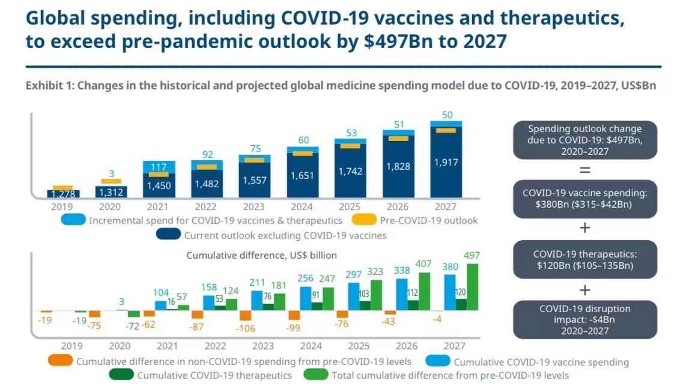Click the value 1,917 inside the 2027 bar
click(x=446, y=161)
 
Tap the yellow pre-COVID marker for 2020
click(x=111, y=181)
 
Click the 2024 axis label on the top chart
click(x=303, y=207)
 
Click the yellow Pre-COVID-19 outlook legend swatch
click(x=362, y=220)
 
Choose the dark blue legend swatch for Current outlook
click(x=168, y=235)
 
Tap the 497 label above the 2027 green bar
click(x=473, y=255)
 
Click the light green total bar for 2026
click(x=423, y=292)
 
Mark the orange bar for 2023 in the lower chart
click(x=245, y=315)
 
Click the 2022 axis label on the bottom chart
click(x=215, y=346)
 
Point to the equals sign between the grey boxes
click(x=584, y=170)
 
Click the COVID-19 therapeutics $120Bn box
click(x=584, y=260)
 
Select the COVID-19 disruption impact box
click(x=584, y=319)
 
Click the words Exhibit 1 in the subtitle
click(x=48, y=86)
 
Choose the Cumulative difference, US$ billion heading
click(x=261, y=255)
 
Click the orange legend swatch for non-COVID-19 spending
click(x=59, y=361)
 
